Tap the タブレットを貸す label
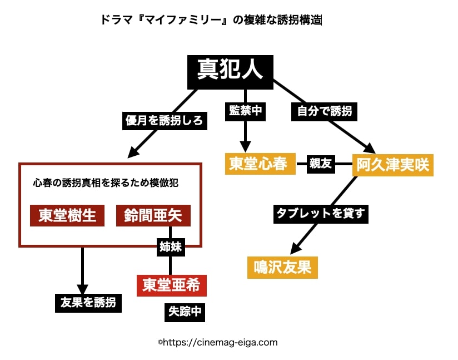tap(321, 214)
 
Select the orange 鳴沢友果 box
tap(282, 268)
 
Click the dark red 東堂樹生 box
tap(67, 215)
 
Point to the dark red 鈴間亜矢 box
tap(153, 215)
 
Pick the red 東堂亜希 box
tap(171, 285)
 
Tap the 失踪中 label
tap(185, 312)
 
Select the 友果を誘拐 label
tap(88, 302)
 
